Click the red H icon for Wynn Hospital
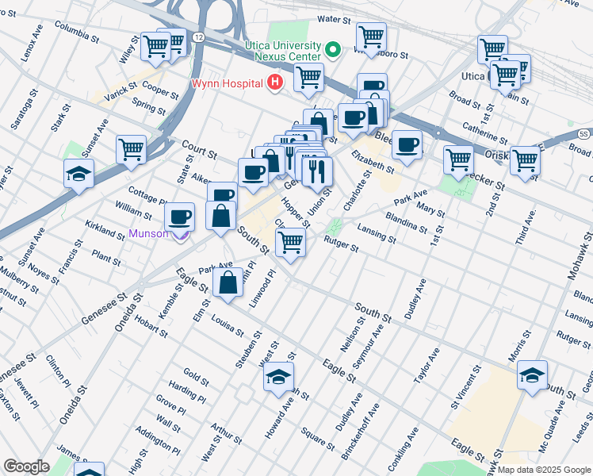point(275,82)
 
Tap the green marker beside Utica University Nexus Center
point(334,50)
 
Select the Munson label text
point(148,233)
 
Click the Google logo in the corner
point(26,466)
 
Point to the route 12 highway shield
point(197,37)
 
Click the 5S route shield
point(583,133)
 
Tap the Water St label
point(334,18)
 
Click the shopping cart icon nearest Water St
point(371,36)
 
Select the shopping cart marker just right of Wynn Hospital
point(308,78)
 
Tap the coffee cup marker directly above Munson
point(180,216)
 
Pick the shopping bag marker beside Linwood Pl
point(228,282)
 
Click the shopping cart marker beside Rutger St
point(292,242)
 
